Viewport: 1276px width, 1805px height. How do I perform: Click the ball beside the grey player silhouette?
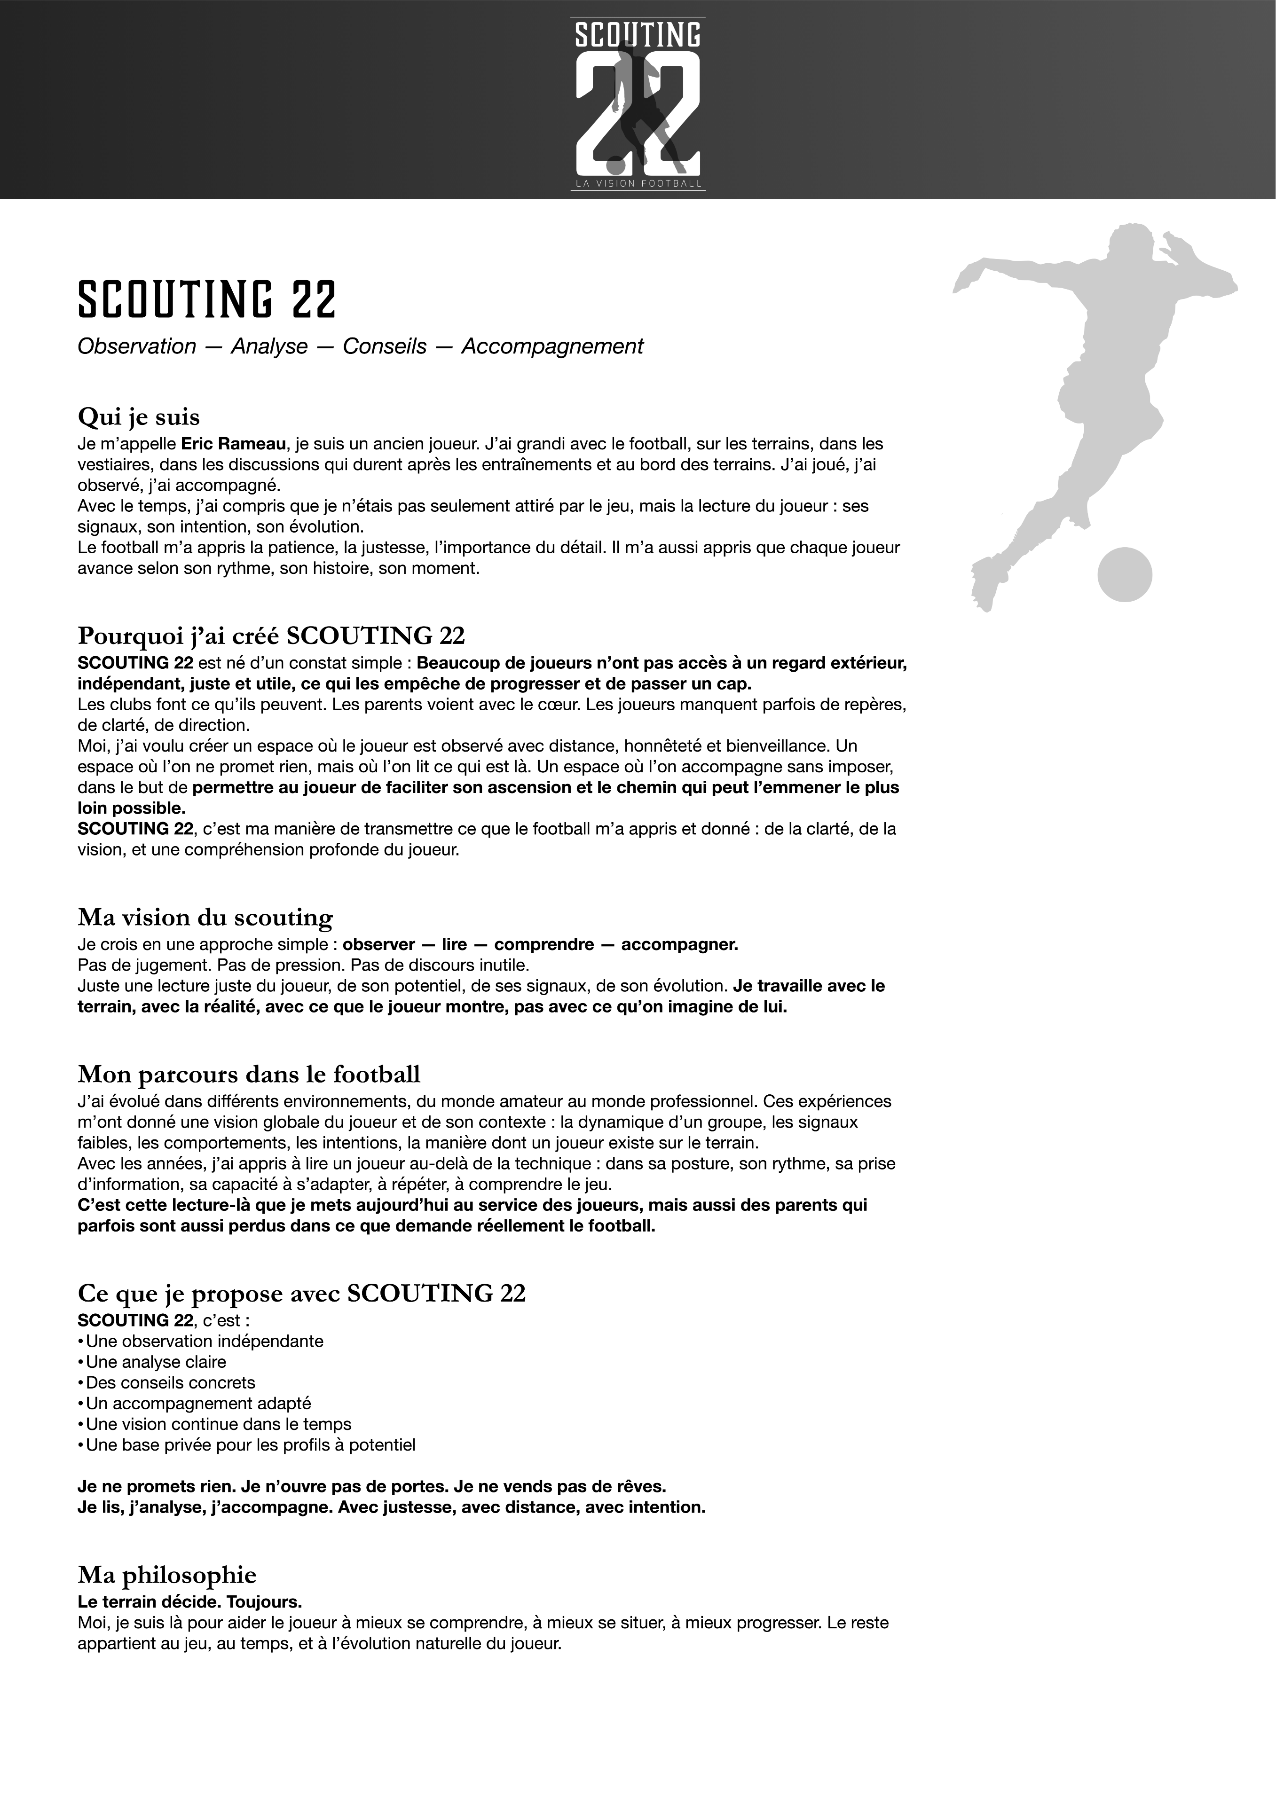(x=1124, y=575)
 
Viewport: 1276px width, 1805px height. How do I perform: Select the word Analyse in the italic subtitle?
(x=269, y=347)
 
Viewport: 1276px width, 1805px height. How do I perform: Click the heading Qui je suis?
(x=138, y=416)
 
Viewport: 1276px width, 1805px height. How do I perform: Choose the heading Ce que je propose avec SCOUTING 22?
(x=301, y=1293)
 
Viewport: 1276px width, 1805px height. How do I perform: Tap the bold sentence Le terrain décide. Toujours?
(x=189, y=1601)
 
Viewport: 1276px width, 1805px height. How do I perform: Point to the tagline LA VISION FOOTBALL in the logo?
(x=638, y=183)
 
